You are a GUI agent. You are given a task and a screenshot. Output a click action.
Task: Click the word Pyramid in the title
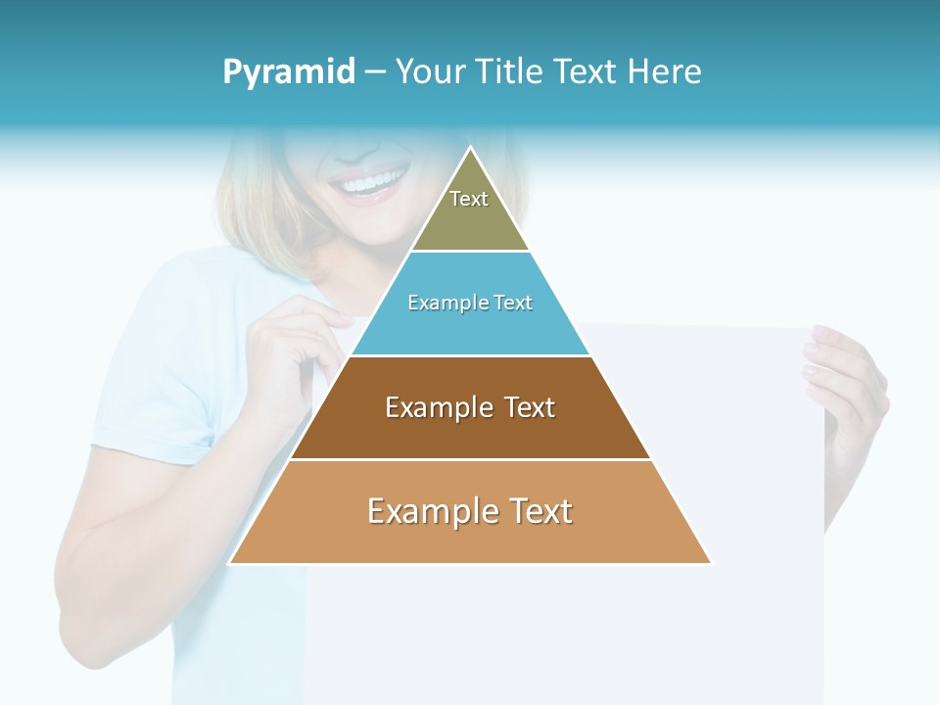(288, 72)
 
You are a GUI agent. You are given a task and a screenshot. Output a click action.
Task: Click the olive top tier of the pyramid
(470, 220)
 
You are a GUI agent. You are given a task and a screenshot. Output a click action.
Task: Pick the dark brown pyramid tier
(470, 431)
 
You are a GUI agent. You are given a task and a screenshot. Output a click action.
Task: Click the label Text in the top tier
(469, 199)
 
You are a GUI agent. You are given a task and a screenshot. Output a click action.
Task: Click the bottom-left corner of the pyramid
(230, 563)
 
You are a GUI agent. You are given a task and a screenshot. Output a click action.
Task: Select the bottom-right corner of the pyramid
(711, 563)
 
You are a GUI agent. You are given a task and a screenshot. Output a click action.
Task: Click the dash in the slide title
(375, 72)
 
